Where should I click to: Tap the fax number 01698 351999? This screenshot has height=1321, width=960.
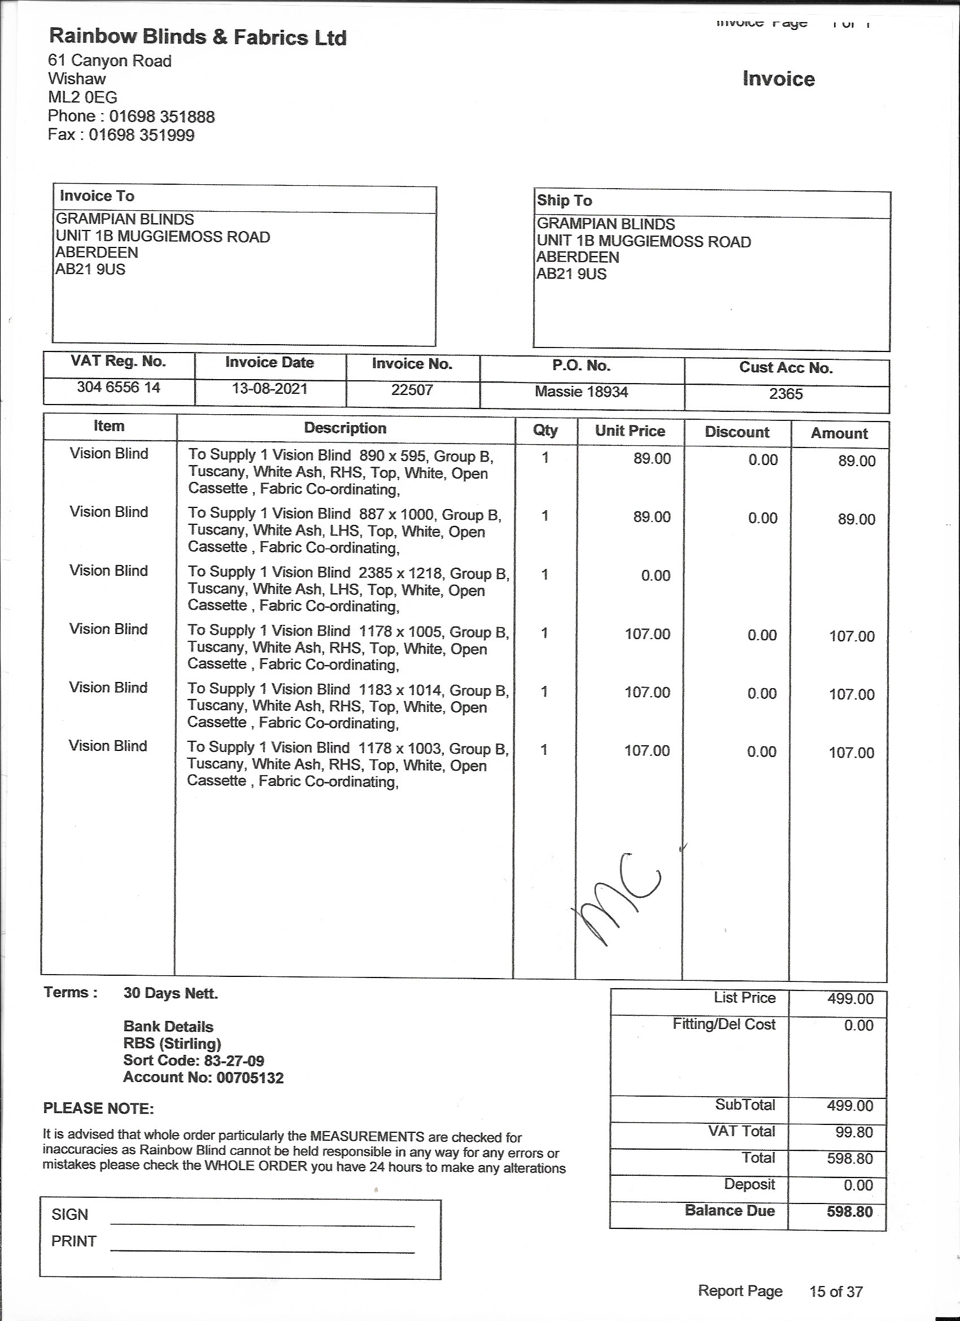click(x=142, y=135)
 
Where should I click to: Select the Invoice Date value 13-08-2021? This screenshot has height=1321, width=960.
click(x=269, y=389)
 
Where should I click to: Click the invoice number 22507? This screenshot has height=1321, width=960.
click(x=412, y=390)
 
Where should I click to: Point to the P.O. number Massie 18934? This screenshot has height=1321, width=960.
click(x=581, y=392)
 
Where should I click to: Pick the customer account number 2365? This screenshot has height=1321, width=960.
click(x=786, y=394)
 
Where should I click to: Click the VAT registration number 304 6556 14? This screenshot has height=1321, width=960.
click(x=118, y=388)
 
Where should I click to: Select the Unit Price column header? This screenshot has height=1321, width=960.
click(x=630, y=431)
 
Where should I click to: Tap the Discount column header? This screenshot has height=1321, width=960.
click(x=736, y=432)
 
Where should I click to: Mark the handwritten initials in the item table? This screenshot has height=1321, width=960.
click(x=617, y=897)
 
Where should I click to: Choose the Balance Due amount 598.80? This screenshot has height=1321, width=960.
click(x=849, y=1211)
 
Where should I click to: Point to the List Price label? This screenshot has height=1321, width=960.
click(x=745, y=998)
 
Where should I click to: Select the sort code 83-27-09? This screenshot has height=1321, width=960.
click(x=233, y=1061)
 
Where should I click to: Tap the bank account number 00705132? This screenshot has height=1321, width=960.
click(x=250, y=1077)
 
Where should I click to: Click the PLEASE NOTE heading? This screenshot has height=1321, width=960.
click(x=98, y=1109)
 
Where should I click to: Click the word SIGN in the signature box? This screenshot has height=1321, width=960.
click(x=70, y=1214)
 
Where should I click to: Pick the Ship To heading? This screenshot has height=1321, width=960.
click(x=564, y=201)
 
